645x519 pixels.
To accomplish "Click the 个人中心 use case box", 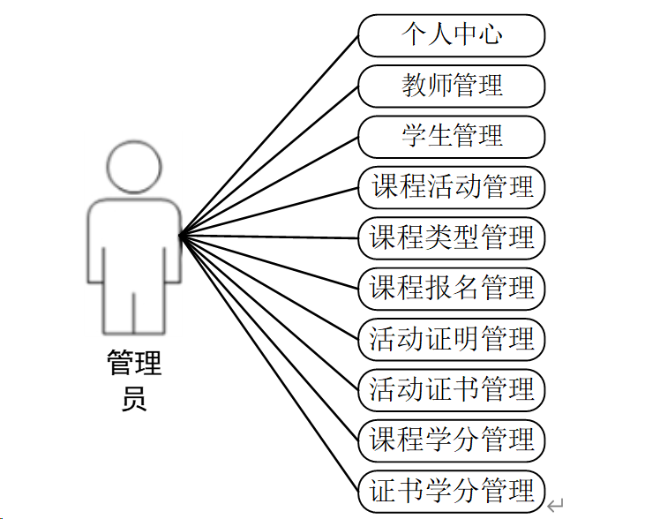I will click(x=452, y=35).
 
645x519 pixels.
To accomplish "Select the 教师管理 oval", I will click(x=452, y=86).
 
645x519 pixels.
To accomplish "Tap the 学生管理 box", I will click(x=452, y=136).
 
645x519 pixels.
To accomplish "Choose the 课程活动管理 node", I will click(x=452, y=187).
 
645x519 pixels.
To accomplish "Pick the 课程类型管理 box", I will click(x=452, y=237).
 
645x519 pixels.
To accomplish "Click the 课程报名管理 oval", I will click(x=452, y=288).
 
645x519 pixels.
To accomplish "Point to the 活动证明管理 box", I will click(x=452, y=339).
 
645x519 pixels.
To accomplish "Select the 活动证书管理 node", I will click(x=452, y=389).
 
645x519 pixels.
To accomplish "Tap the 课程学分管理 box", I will click(x=452, y=440).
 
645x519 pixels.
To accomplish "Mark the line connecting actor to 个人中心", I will click(x=269, y=135).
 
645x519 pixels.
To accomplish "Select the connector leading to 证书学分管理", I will click(x=269, y=361).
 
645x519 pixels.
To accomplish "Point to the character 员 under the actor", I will click(x=134, y=399).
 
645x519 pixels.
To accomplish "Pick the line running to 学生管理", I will click(x=269, y=185).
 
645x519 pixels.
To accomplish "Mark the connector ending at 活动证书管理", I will click(x=269, y=312).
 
